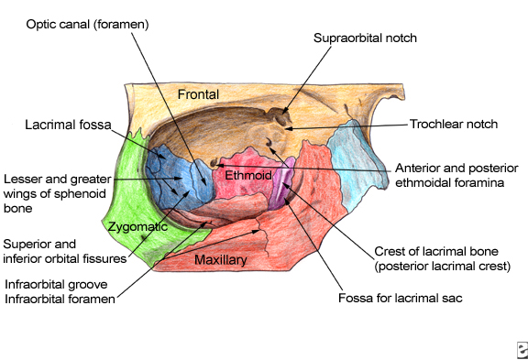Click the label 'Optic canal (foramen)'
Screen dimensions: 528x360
(x=88, y=25)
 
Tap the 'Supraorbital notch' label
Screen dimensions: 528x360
(x=365, y=38)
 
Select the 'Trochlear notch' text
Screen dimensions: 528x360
(x=454, y=125)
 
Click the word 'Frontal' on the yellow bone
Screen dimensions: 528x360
(x=198, y=94)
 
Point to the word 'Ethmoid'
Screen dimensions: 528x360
(x=248, y=175)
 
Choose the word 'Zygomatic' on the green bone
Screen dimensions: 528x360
(x=137, y=227)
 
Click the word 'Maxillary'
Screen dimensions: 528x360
(x=221, y=260)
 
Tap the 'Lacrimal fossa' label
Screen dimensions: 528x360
(x=68, y=125)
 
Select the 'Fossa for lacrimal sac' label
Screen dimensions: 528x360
(x=401, y=298)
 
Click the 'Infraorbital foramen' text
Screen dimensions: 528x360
(x=60, y=300)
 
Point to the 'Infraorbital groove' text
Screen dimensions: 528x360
(x=56, y=285)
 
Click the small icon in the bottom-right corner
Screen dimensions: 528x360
(x=522, y=350)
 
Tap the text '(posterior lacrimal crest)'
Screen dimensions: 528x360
(x=443, y=267)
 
